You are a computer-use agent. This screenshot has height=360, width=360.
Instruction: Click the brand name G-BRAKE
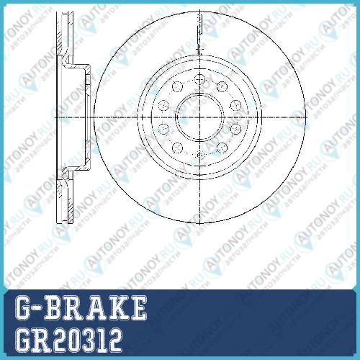81,307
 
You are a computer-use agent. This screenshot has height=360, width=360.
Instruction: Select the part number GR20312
68,341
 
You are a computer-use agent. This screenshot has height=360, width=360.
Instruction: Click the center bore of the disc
199,117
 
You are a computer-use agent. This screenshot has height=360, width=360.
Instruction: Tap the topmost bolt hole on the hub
199,79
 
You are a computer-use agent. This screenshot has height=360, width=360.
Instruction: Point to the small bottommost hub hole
199,156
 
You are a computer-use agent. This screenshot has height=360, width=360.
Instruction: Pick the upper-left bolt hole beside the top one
178,86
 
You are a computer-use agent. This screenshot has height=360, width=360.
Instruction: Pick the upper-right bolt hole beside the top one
222,86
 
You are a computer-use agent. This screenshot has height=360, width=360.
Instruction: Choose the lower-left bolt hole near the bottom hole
178,148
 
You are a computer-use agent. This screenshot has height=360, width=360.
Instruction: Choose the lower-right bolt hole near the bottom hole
222,148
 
